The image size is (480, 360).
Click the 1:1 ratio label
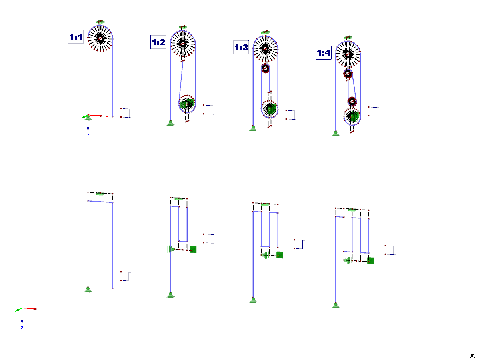(x=76, y=38)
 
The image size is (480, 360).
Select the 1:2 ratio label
(x=158, y=42)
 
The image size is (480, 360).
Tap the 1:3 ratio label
(x=241, y=48)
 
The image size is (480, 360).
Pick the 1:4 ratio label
(x=324, y=53)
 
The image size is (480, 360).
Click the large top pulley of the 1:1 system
(x=100, y=38)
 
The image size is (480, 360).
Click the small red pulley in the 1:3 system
(x=265, y=68)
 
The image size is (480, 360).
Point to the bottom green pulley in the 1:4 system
(x=352, y=116)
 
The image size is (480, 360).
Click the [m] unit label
(x=472, y=355)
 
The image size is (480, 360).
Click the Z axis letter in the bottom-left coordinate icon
(x=22, y=328)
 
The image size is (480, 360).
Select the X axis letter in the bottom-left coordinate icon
(x=41, y=309)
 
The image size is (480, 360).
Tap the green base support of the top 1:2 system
(x=170, y=123)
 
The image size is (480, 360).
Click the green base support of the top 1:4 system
(x=336, y=134)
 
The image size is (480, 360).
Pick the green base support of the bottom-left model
(x=88, y=289)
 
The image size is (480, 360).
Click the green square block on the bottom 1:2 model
(x=193, y=250)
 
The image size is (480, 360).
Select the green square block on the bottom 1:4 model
(x=370, y=261)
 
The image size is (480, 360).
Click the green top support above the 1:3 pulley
(x=264, y=32)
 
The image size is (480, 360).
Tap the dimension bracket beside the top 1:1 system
(x=126, y=113)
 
